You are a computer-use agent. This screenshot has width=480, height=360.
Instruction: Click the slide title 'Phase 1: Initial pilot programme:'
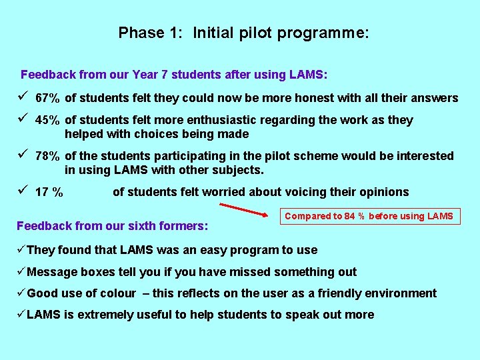click(243, 33)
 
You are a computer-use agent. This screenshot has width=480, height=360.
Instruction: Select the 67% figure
click(47, 99)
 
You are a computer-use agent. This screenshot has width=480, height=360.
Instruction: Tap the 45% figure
click(47, 121)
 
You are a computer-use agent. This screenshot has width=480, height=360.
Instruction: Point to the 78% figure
click(47, 157)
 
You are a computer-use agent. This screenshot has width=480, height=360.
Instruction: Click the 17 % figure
click(49, 193)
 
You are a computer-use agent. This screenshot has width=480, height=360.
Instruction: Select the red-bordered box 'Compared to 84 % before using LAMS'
click(369, 216)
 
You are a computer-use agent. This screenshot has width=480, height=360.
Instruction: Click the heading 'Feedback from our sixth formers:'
click(112, 226)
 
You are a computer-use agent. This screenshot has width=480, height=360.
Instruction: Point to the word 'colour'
click(119, 293)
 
